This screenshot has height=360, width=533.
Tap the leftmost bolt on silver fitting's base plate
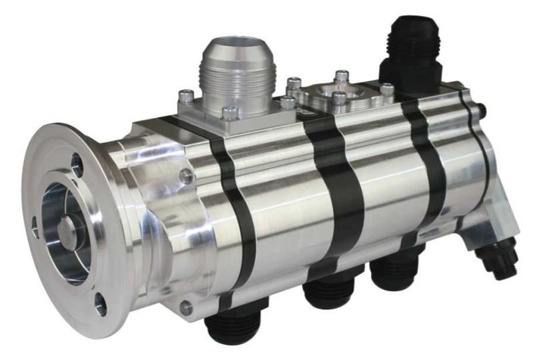(x=187, y=95)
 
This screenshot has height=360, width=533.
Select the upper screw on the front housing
(x=188, y=177)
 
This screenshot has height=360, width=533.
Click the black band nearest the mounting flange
(x=237, y=213)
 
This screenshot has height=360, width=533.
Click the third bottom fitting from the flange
(x=394, y=273)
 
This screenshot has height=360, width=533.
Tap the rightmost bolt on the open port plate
(x=387, y=89)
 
